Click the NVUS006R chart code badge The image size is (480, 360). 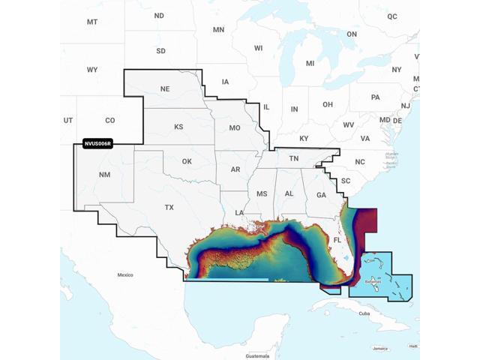[x=97, y=143]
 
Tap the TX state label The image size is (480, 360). [x=169, y=208]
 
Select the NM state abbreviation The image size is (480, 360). [x=103, y=175]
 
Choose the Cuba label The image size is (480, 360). [x=364, y=313]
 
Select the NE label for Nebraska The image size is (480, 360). [x=165, y=88]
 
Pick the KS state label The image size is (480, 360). [x=178, y=127]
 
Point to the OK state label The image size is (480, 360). [x=187, y=161]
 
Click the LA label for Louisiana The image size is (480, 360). [x=239, y=213]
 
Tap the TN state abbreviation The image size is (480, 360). [x=294, y=158]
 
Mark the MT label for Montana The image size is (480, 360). [x=92, y=22]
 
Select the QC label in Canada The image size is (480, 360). [x=392, y=16]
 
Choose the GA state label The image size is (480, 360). [x=321, y=194]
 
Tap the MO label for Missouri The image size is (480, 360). [x=235, y=128]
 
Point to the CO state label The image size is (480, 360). [x=110, y=120]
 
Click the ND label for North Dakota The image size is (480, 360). [x=159, y=16]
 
